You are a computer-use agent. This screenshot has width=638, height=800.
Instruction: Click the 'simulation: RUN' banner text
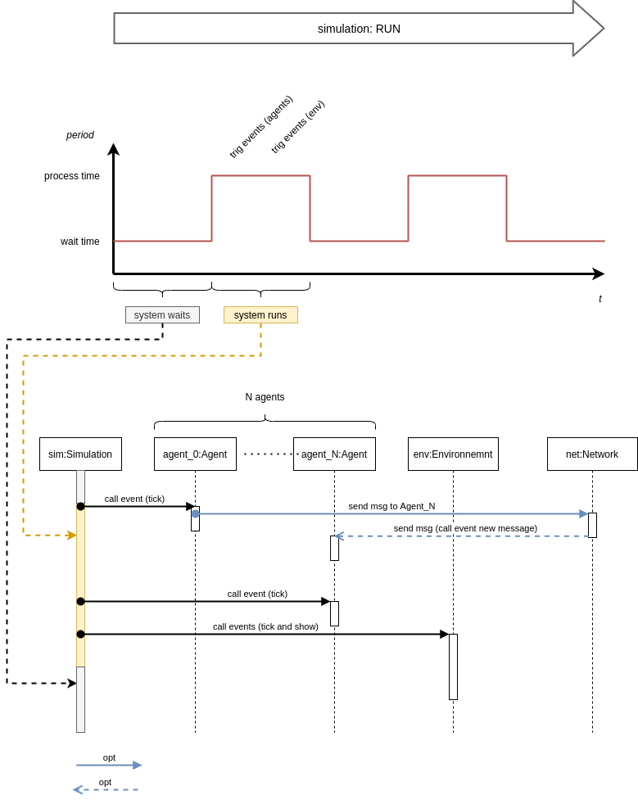click(359, 29)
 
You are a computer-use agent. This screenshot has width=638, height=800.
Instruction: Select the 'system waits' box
click(162, 315)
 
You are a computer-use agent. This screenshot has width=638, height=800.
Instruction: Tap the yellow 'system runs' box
click(260, 315)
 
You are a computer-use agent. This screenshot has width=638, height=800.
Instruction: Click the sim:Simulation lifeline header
click(80, 454)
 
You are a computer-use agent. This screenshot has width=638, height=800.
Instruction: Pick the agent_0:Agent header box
click(195, 454)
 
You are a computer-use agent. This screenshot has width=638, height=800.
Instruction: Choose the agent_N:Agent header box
click(334, 454)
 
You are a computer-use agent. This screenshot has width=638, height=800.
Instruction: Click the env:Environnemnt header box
click(453, 454)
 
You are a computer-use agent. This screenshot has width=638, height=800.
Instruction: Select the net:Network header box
click(592, 454)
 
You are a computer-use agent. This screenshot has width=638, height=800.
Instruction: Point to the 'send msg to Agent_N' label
click(391, 506)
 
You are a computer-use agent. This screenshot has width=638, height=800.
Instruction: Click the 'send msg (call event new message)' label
click(465, 528)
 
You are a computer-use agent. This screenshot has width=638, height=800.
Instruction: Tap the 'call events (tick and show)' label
click(265, 626)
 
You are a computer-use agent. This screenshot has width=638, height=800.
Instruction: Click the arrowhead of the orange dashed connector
click(72, 536)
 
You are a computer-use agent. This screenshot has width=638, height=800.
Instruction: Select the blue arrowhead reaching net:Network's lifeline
click(583, 514)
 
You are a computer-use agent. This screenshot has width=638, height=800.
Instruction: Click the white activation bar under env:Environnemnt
click(453, 667)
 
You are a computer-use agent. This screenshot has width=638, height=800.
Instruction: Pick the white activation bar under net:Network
click(592, 525)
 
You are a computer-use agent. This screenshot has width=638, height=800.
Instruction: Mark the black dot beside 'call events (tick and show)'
click(80, 635)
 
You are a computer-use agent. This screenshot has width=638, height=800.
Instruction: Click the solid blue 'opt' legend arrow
click(109, 766)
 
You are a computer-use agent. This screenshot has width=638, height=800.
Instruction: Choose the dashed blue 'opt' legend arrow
click(105, 790)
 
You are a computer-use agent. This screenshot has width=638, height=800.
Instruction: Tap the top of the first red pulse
click(260, 175)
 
